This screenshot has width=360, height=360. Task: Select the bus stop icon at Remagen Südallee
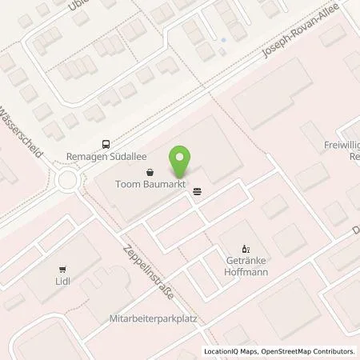[106, 144]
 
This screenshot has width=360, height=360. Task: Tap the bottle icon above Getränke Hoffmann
[246, 248]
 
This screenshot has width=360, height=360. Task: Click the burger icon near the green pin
[197, 190]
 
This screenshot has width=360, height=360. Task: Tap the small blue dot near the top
[223, 39]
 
